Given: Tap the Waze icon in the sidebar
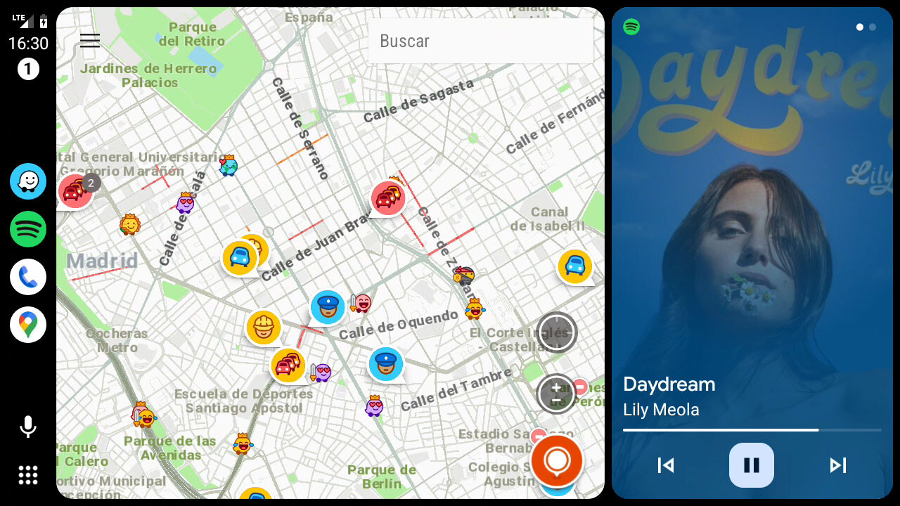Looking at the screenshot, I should tap(28, 181).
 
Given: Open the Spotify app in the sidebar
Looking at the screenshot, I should tap(28, 229).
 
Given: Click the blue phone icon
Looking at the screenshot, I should tap(28, 277).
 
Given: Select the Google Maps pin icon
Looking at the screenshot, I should tap(28, 325).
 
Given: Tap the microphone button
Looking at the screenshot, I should tap(28, 427).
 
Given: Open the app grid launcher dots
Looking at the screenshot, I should tap(28, 475).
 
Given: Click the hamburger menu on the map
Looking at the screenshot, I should tap(90, 40).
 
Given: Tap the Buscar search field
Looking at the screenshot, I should tap(480, 41).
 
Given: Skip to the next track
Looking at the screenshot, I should tap(837, 465).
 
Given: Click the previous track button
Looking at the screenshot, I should tap(666, 465).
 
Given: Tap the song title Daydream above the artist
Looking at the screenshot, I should tap(669, 384).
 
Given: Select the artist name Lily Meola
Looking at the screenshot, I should tap(661, 410).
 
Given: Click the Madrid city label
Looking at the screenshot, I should tap(103, 261).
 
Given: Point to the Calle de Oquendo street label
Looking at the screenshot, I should tap(398, 325).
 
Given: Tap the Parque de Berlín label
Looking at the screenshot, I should tap(382, 476).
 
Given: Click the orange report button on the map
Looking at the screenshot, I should tap(556, 460).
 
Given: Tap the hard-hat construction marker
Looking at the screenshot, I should tap(264, 327).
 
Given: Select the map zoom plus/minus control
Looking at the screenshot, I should tap(556, 394).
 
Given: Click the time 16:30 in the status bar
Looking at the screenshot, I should tap(28, 44).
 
